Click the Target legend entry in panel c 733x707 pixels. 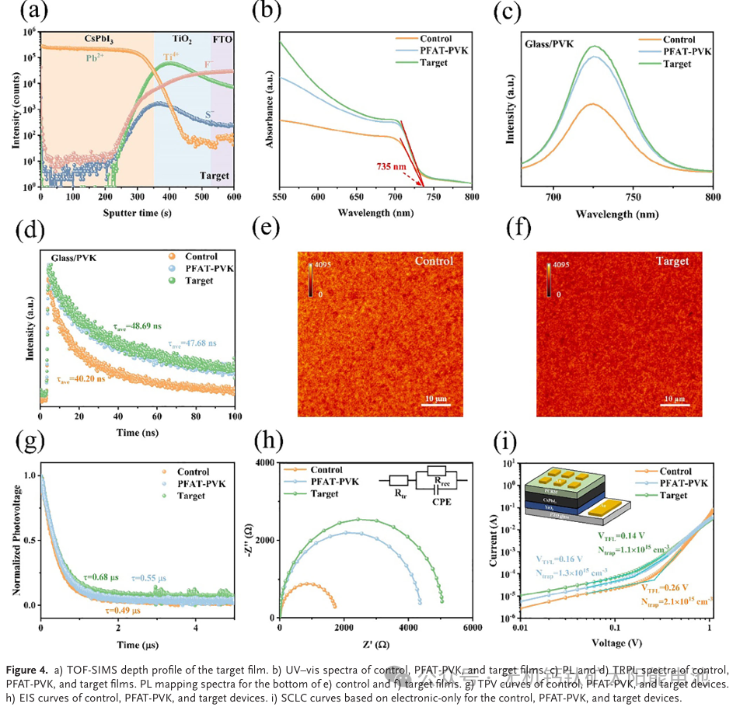[x=677, y=64]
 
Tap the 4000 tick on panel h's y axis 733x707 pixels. [x=263, y=463]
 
